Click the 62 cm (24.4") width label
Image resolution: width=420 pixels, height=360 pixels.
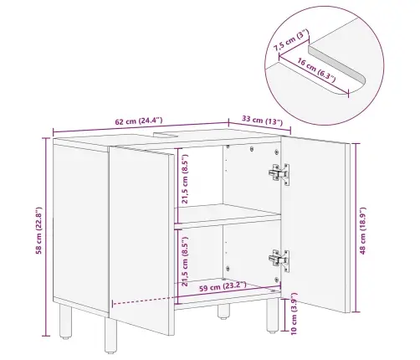pos(139,121)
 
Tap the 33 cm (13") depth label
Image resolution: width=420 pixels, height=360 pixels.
pos(262,121)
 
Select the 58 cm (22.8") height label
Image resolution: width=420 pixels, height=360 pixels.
pos(38,230)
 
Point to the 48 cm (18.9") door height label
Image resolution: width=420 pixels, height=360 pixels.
pos(362,231)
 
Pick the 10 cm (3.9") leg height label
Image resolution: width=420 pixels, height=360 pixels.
pos(294,313)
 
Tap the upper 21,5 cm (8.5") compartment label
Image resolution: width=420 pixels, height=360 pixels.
pos(185,178)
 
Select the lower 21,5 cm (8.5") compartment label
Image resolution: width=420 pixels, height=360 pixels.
pos(185,261)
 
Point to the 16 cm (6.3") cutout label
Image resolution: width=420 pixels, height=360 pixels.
pos(316,69)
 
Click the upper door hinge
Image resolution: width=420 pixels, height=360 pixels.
pos(279,173)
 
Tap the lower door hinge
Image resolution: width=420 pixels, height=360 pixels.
pos(279,260)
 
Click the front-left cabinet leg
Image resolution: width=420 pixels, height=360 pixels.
pos(110,335)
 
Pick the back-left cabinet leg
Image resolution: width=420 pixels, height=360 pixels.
pos(66,321)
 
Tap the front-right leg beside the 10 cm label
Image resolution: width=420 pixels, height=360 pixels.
pos(273,316)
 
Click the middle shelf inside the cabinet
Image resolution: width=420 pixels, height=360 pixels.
pos(228,213)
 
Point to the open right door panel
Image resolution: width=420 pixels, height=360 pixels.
pos(315,224)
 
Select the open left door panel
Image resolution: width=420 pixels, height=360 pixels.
pos(141,240)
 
